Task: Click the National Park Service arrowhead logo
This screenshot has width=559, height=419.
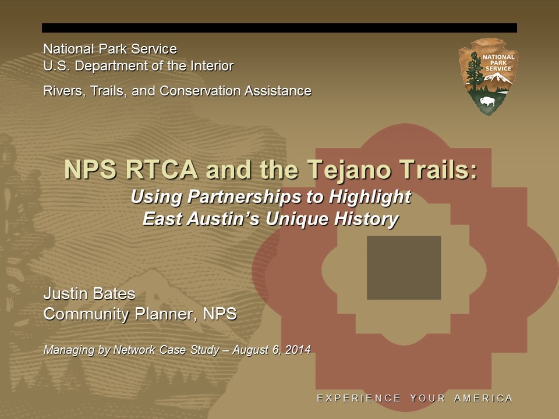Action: (487, 76)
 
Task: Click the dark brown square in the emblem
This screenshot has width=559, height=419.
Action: (404, 268)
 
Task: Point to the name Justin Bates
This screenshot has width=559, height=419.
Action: (89, 294)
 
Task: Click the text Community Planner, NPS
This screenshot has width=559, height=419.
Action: (140, 314)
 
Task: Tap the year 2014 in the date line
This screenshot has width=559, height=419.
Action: (298, 350)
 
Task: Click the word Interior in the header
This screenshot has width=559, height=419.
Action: (212, 66)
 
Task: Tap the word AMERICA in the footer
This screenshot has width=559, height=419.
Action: (483, 398)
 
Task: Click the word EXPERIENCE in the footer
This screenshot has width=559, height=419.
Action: (359, 398)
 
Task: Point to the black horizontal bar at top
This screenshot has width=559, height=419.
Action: (279, 28)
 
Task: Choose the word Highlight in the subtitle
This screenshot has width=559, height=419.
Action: (370, 197)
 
